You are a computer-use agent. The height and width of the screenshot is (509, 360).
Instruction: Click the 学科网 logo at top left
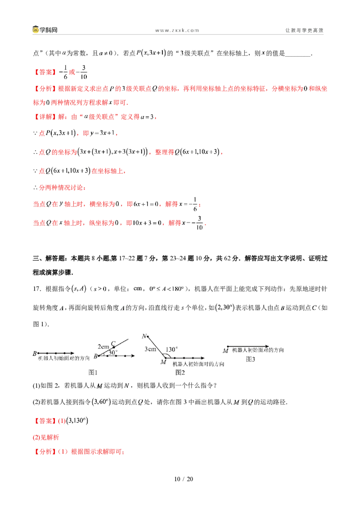(45, 30)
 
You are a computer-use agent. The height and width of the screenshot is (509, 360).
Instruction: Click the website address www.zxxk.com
(177, 30)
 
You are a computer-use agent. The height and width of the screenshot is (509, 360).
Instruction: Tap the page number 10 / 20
(184, 479)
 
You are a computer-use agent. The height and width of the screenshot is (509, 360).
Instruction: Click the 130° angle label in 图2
(171, 349)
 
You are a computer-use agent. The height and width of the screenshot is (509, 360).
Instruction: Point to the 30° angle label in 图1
(113, 352)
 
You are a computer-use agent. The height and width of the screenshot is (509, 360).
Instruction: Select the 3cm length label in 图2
(150, 349)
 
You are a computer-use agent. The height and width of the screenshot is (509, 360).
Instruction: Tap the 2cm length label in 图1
(103, 347)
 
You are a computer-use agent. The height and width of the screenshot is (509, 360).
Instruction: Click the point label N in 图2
(144, 336)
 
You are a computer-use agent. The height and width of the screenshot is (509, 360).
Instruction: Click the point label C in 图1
(113, 344)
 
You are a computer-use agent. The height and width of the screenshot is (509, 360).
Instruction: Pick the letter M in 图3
(225, 351)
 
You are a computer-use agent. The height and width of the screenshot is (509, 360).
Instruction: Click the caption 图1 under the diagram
(93, 372)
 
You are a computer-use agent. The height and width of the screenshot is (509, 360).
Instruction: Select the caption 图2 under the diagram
(180, 372)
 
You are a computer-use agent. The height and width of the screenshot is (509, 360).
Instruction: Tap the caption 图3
(250, 359)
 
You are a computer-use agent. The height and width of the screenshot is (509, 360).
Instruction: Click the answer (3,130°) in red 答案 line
(77, 421)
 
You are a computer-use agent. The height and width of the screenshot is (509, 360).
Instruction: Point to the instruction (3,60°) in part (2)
(101, 402)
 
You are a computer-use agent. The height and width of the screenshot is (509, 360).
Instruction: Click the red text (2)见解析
(46, 437)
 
